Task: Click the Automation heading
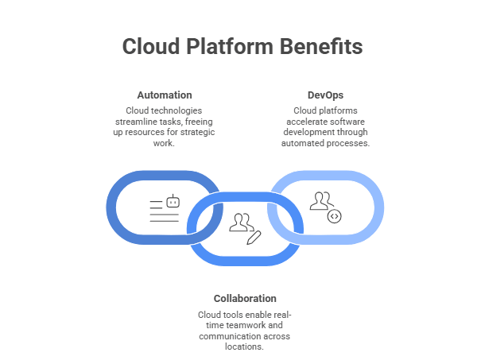[x=163, y=95]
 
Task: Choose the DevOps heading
[x=325, y=95]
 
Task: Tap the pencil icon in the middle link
[x=254, y=236]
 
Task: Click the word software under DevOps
[x=349, y=122]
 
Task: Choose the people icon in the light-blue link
[x=320, y=200]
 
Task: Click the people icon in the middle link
[x=239, y=222]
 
